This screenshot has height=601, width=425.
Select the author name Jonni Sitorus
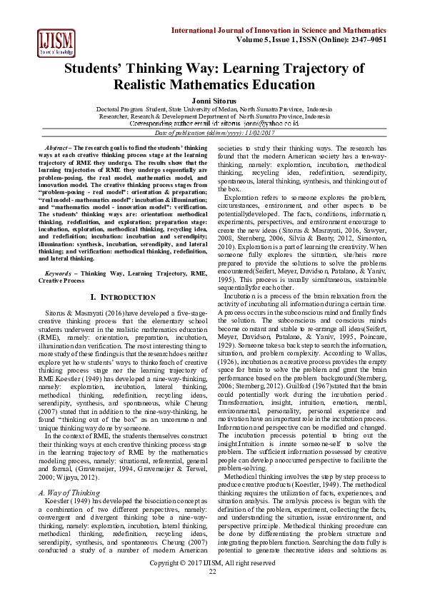coord(212,101)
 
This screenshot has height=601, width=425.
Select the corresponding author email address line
coord(213,123)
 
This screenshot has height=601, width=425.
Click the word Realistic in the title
coord(148,84)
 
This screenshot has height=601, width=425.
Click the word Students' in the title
coord(96,69)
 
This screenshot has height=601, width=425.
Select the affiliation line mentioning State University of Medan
coord(212,108)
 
